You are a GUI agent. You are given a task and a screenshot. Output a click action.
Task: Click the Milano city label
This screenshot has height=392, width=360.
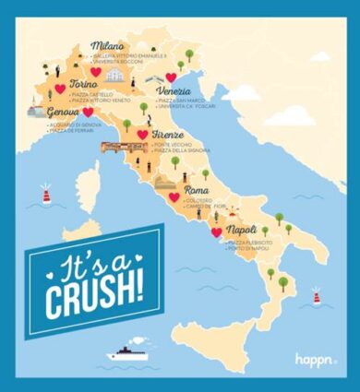pos(106,44)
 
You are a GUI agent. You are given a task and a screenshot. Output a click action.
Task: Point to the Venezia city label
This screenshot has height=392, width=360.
pos(174,91)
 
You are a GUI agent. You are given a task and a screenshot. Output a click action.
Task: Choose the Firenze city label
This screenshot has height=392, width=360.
pos(166,135)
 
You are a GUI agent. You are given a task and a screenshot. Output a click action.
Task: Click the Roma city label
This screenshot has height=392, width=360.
pos(197,190)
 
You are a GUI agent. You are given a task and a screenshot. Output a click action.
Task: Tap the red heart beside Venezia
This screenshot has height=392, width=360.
pos(171,78)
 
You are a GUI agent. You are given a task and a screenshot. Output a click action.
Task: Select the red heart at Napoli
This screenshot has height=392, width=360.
pos(216,233)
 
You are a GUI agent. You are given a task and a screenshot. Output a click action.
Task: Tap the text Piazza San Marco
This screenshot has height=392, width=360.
pos(180,101)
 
